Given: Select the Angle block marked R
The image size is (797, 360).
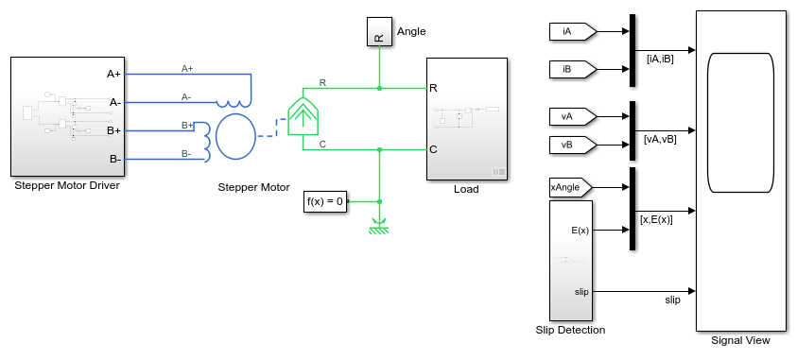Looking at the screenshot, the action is pos(379,31).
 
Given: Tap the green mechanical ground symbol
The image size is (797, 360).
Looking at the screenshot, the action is pos(379,226).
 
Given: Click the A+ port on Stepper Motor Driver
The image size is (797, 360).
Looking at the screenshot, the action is pos(113,74).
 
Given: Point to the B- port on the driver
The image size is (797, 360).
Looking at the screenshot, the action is pos(115,160).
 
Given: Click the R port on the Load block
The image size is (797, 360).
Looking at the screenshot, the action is pos(433,89).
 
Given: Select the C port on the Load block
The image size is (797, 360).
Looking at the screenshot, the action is pos(433,150).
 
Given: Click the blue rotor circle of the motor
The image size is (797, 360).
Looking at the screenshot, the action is pos(235,137).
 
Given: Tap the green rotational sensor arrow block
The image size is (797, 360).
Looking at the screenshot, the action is pos(303,117).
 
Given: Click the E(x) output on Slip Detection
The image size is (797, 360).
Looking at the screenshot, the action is pos(580,230).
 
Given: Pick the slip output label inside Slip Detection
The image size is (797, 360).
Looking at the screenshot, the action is pos(581,291).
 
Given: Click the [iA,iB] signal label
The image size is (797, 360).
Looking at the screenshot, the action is pos(660,59).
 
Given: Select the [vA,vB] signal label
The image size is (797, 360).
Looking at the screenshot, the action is pos(660,139).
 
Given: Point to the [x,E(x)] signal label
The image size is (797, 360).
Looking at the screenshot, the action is pos(656,219).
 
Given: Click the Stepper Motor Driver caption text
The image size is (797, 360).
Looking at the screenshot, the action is pos(67,185).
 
